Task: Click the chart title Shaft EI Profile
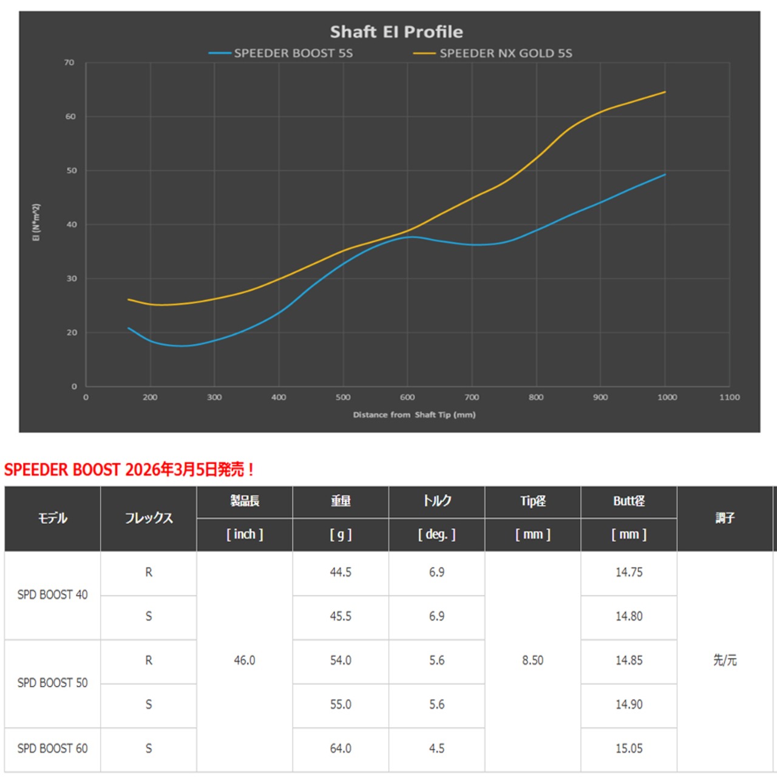click(396, 32)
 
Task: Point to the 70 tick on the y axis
click(70, 63)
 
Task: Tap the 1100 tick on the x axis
click(729, 398)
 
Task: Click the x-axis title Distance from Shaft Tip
click(414, 415)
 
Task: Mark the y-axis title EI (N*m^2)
click(36, 223)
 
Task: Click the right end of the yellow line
click(665, 92)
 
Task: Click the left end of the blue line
click(129, 328)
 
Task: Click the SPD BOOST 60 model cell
click(53, 748)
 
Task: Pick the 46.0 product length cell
click(245, 660)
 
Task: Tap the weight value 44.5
click(341, 572)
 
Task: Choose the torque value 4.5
click(436, 748)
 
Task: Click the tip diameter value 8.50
click(532, 660)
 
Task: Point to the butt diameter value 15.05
click(629, 748)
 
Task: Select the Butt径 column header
click(629, 501)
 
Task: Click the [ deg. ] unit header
click(436, 535)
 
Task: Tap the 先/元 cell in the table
click(725, 660)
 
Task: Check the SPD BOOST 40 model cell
click(53, 595)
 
